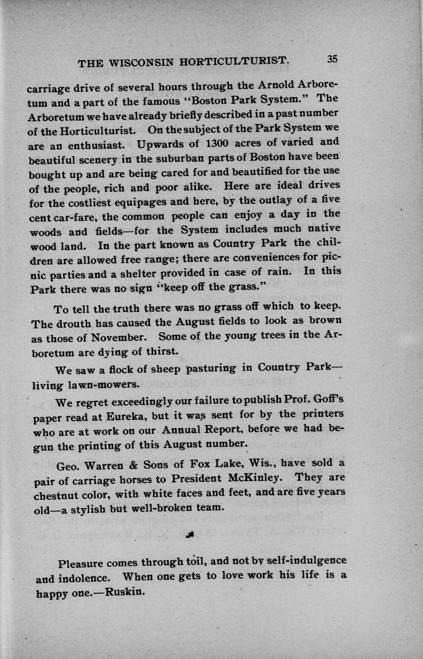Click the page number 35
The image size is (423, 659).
pyautogui.click(x=332, y=59)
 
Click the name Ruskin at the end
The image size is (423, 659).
pyautogui.click(x=124, y=592)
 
